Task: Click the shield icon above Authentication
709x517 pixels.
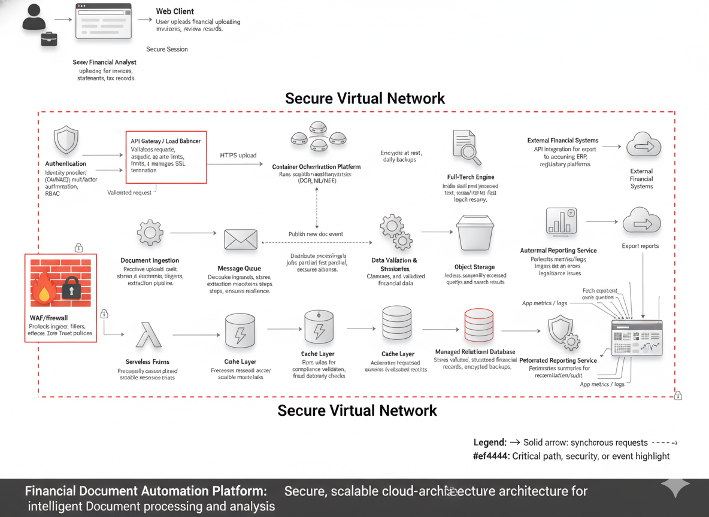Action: coord(66,140)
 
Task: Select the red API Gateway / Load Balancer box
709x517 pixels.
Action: coord(166,157)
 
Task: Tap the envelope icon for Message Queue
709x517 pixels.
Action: coord(240,239)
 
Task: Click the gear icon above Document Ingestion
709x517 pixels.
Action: coord(150,233)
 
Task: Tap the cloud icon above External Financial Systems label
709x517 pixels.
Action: coord(643,145)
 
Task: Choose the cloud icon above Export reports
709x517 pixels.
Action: coord(641,221)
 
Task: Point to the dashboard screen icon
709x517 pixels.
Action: coord(637,338)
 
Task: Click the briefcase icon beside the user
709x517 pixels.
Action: coord(49,39)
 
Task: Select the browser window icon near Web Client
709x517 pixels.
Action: coord(104,21)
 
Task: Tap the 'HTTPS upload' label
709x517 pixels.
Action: coord(238,156)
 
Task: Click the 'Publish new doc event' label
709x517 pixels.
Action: coord(316,234)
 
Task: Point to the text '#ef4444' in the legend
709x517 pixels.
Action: coord(489,456)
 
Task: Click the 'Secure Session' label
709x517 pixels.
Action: coord(167,49)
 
